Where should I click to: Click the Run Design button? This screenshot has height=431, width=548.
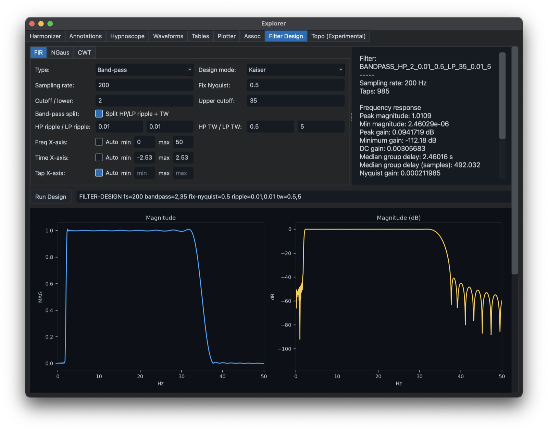50,197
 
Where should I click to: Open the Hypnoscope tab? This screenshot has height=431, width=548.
127,36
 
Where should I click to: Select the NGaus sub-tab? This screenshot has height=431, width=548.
60,52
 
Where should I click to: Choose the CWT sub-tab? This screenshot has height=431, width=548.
84,52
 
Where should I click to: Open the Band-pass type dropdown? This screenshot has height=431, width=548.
144,70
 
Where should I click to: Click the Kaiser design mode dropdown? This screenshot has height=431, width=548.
296,70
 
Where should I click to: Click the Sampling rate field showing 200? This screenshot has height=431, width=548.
144,85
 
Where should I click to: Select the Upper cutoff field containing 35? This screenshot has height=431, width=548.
296,101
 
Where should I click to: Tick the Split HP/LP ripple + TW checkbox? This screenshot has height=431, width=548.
99,114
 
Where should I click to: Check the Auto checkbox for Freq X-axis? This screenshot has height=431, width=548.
99,142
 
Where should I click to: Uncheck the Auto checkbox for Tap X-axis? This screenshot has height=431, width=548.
99,173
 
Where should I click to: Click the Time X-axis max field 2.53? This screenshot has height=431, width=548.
183,157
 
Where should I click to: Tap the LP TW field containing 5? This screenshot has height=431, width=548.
321,127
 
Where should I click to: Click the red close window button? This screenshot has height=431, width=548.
32,24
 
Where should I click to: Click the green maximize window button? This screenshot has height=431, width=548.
50,24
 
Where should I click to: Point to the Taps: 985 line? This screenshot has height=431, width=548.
374,91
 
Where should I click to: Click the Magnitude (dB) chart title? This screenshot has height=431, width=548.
399,218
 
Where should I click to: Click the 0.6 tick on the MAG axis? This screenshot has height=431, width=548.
49,284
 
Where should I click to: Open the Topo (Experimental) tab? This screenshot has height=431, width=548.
338,36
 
